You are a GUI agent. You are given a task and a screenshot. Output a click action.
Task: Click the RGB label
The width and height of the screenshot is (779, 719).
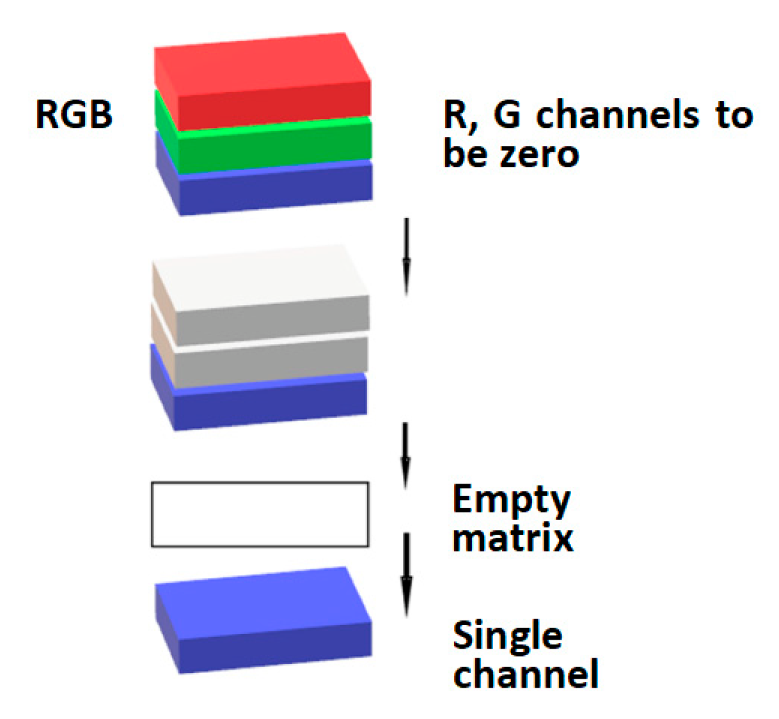pos(74,115)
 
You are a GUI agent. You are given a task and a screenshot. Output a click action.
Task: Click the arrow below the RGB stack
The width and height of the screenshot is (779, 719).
pos(406,256)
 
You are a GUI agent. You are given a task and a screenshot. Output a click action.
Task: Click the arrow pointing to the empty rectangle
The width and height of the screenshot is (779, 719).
pos(405,454)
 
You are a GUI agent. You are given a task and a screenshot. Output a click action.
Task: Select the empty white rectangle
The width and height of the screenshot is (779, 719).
pos(260,514)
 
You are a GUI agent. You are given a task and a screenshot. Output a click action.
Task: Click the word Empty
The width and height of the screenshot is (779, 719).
pos(511,500)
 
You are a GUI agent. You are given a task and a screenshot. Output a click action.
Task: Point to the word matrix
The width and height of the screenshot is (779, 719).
pos(512,538)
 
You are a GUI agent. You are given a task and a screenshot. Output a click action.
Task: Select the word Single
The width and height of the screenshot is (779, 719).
pos(507,636)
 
